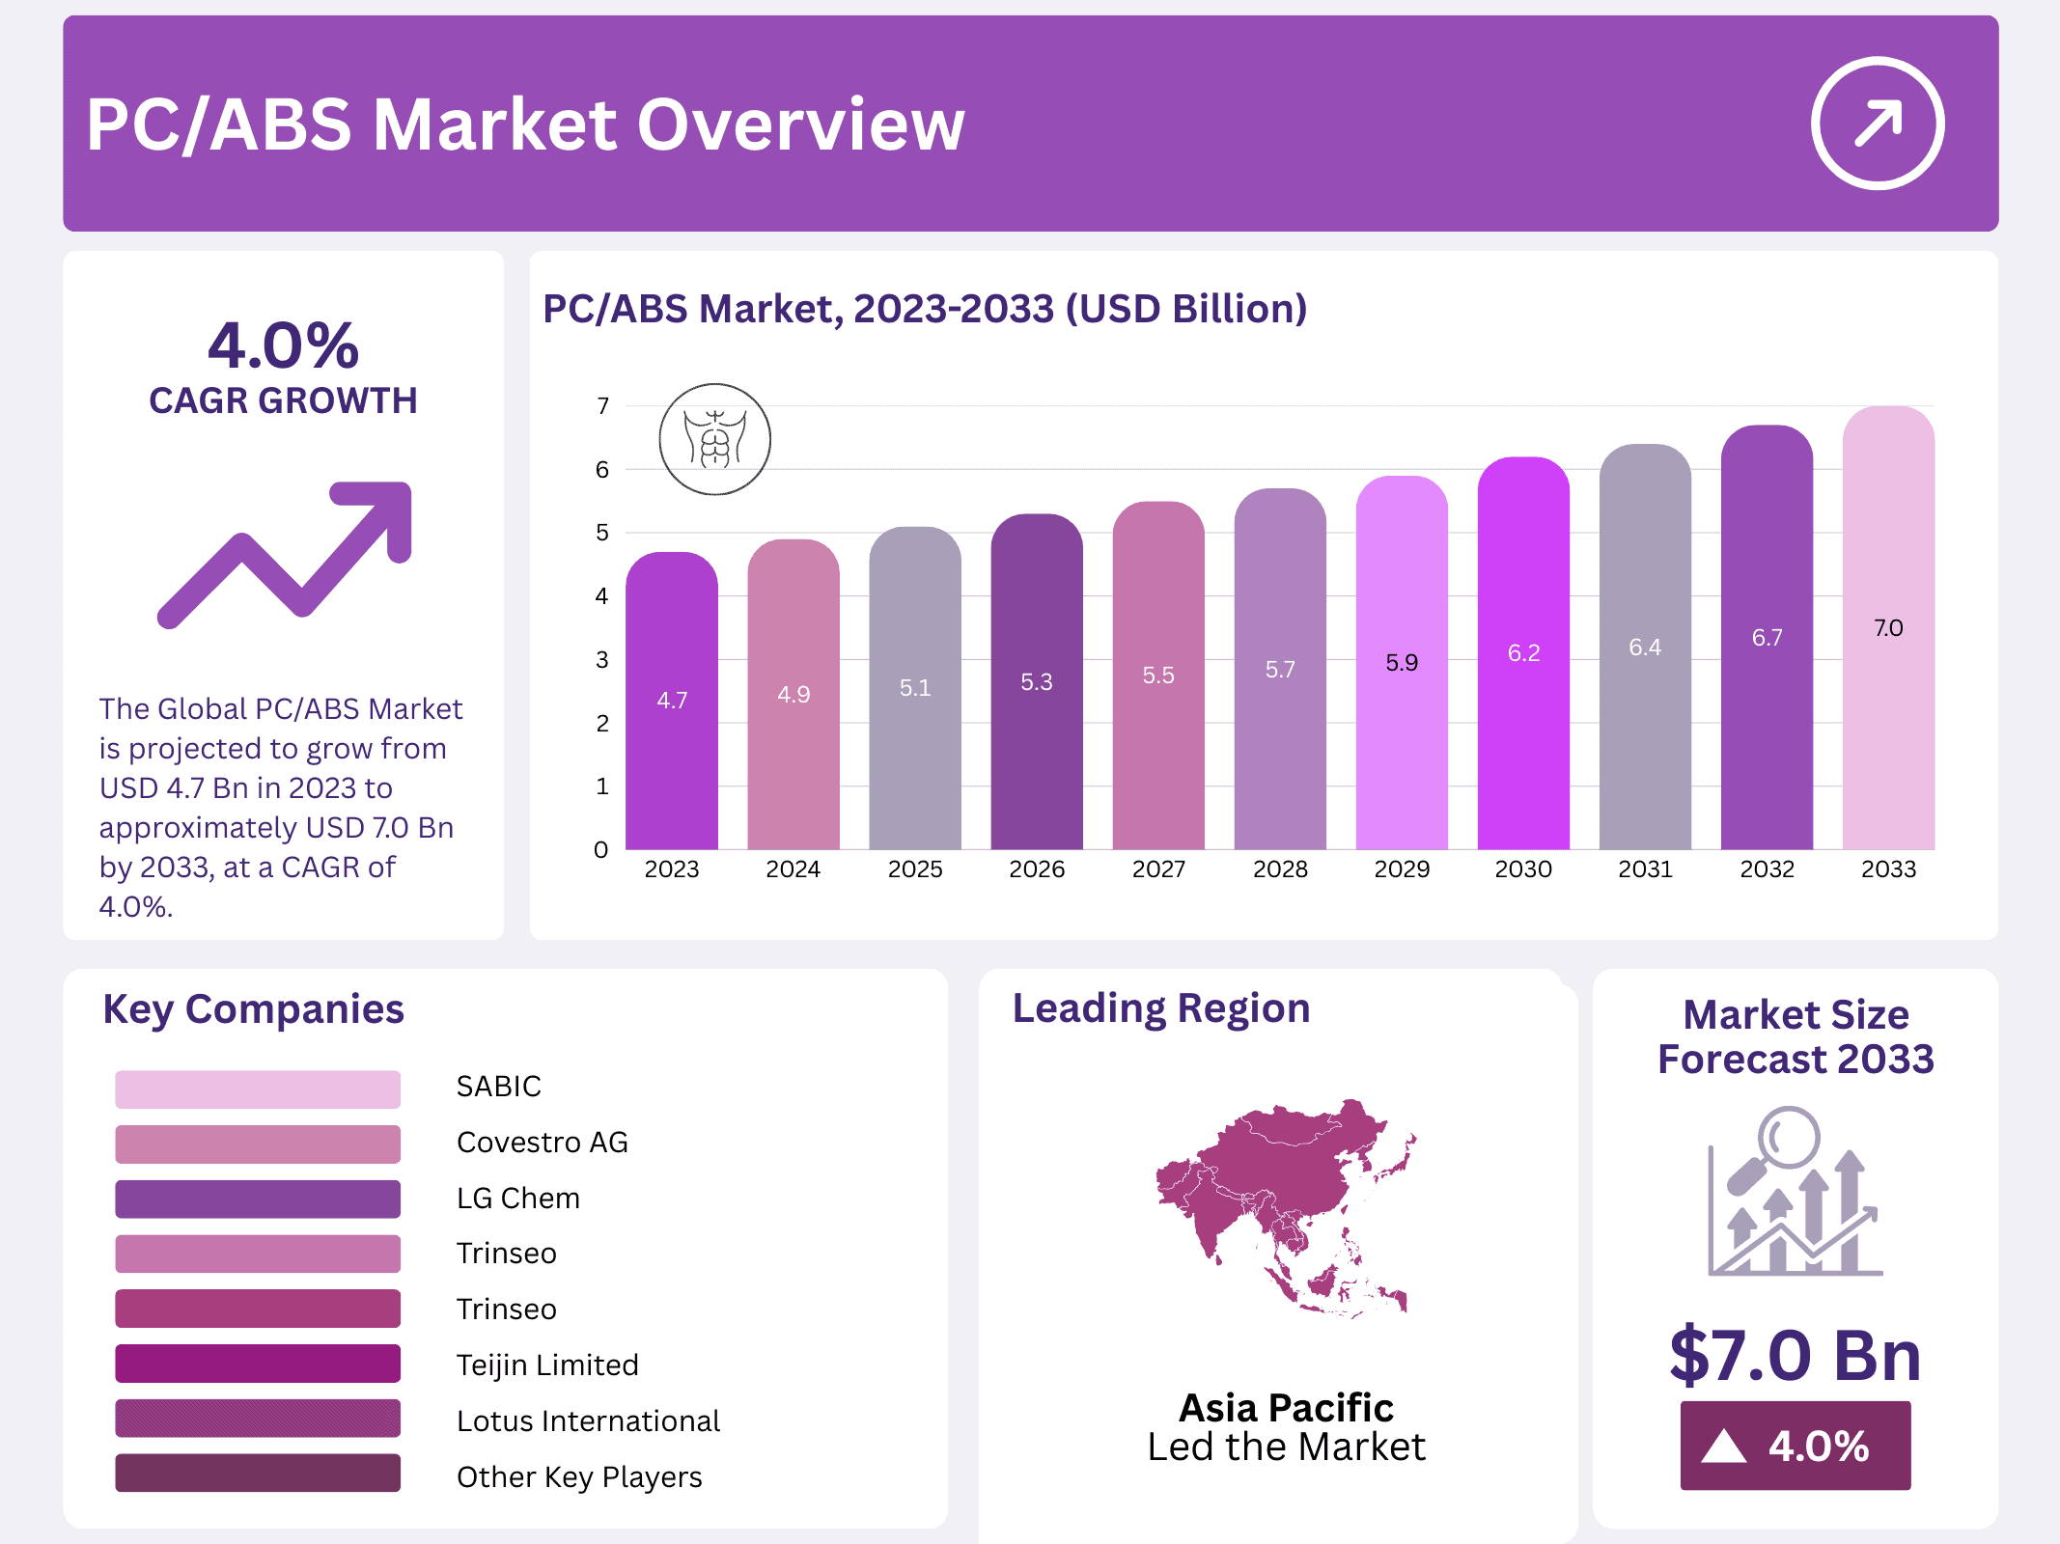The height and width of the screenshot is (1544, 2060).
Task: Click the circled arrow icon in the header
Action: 1877,124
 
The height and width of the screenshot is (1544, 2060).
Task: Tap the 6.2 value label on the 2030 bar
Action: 1523,653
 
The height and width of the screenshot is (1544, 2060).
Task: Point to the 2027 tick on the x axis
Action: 1158,869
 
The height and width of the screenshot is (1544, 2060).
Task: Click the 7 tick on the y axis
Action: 602,406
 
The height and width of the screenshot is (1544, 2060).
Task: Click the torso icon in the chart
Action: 714,440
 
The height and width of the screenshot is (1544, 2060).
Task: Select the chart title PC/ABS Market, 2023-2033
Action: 924,309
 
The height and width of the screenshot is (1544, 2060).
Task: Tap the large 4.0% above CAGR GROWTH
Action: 283,345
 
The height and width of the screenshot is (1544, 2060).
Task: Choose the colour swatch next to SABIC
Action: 258,1089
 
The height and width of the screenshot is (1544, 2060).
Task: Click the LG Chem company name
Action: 518,1199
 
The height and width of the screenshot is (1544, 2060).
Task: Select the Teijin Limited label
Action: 547,1365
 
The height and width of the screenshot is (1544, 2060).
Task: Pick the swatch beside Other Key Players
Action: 258,1474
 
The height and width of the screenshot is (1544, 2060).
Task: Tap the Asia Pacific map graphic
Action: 1284,1206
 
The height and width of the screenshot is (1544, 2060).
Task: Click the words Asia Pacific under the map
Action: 1286,1408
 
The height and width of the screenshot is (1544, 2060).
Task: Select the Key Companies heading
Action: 253,1009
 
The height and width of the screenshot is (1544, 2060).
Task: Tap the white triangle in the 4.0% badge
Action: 1724,1447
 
